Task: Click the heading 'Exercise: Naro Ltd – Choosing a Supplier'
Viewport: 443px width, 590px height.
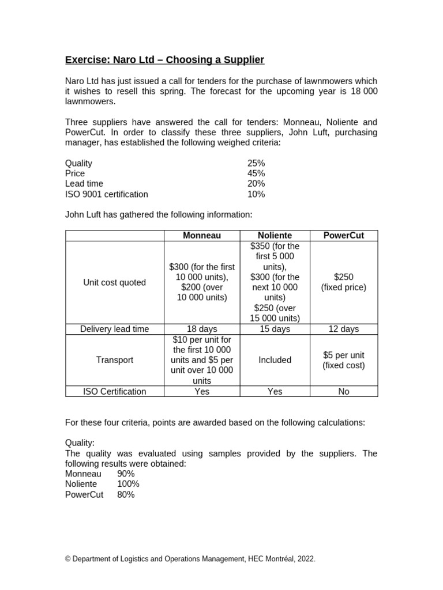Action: point(164,60)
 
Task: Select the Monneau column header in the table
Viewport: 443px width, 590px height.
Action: point(202,235)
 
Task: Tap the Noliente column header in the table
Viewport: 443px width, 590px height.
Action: point(275,235)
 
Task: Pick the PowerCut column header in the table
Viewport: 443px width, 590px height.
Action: point(344,235)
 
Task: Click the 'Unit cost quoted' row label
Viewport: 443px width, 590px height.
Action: point(115,282)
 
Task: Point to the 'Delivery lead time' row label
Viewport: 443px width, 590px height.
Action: point(115,329)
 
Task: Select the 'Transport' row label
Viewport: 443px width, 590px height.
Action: point(115,360)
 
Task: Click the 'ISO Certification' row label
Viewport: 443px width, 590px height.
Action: point(115,391)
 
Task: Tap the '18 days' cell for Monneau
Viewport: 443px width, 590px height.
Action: point(202,329)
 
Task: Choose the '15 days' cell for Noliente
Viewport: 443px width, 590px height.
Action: point(275,329)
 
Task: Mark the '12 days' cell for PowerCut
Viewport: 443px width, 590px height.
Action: point(344,329)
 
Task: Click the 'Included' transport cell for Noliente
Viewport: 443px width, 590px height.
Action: point(275,360)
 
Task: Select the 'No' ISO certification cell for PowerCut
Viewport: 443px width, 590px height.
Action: point(344,391)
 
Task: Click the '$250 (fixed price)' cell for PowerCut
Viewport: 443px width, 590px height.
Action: point(344,282)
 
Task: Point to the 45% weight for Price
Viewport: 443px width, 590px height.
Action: point(256,173)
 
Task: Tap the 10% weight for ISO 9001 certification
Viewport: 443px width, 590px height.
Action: point(256,194)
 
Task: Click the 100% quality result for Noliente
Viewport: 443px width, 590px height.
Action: point(128,484)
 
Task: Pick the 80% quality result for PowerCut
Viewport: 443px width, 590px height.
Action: point(126,494)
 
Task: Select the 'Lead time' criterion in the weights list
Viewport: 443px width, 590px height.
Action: point(84,184)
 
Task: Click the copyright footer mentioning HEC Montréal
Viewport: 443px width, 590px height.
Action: point(190,559)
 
